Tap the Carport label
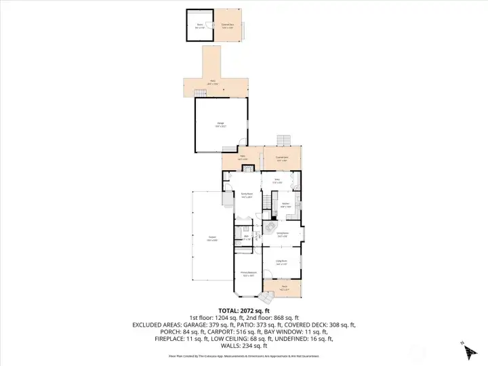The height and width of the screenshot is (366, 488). click(x=211, y=238)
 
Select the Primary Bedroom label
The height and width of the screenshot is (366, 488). click(x=247, y=273)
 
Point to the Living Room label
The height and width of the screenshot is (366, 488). click(x=281, y=262)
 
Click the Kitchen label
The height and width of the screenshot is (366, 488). click(x=286, y=205)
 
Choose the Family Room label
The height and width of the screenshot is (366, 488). click(x=247, y=195)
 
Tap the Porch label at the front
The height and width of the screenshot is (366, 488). click(x=283, y=289)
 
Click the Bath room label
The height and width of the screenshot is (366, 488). click(x=246, y=237)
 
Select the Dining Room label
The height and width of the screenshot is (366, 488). click(x=282, y=235)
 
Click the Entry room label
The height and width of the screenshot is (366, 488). click(x=277, y=181)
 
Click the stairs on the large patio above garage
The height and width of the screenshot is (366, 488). click(x=200, y=93)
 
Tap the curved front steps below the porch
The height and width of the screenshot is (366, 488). click(x=266, y=297)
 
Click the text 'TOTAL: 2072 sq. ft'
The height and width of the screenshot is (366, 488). click(x=243, y=310)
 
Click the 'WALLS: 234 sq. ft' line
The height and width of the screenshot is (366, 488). click(x=243, y=346)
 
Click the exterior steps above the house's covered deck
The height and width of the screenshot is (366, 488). click(x=283, y=140)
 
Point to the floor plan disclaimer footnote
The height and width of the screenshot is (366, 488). click(x=243, y=357)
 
